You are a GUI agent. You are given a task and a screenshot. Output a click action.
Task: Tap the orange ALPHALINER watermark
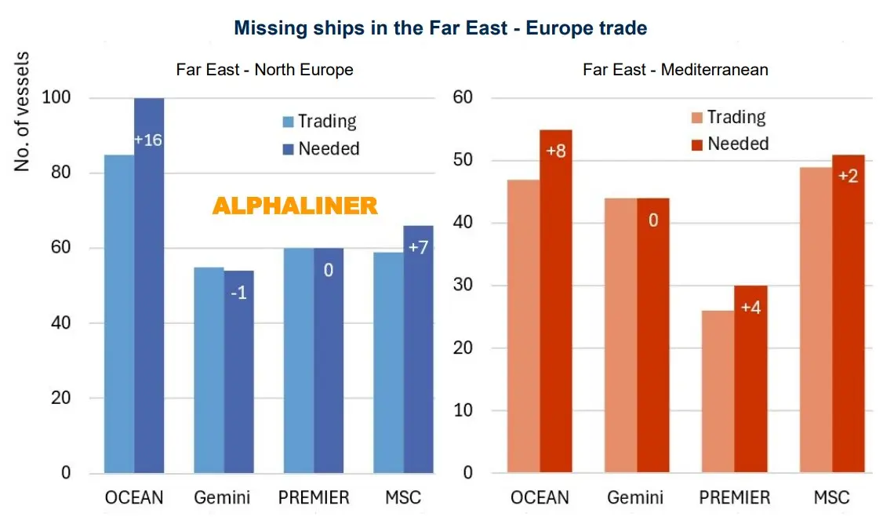coord(295,206)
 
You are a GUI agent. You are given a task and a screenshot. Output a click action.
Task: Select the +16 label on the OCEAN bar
coord(148,140)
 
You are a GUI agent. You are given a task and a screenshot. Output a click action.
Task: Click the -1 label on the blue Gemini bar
coord(238,296)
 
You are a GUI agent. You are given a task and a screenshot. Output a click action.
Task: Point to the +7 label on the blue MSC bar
coord(418,248)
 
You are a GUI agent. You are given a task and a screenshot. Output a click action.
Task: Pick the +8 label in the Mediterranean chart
coord(555,151)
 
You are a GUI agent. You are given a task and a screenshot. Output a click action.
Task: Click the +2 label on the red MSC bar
coord(848,176)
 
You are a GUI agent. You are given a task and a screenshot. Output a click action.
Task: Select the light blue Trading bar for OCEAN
coord(119,314)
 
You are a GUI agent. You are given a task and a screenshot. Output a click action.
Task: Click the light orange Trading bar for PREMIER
coord(718,391)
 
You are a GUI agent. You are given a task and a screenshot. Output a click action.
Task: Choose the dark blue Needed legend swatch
coord(289,149)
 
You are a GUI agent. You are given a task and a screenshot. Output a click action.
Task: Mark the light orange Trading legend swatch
coord(696,118)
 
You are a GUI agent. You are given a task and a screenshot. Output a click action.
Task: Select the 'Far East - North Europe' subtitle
coord(264,70)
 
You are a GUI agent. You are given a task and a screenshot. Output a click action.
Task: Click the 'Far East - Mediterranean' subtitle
coord(675,70)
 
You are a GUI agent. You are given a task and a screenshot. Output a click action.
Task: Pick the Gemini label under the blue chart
coord(223,497)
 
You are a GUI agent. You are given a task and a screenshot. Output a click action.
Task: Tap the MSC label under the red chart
coord(832,497)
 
